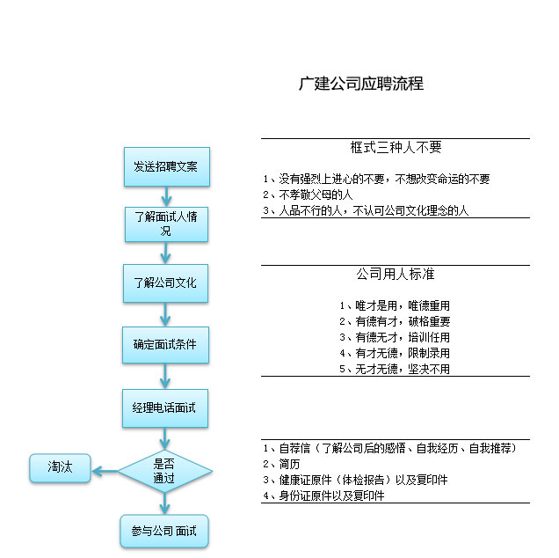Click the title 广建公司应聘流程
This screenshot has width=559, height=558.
click(360, 84)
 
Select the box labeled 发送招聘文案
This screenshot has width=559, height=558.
click(167, 166)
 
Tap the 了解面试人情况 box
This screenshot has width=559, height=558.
click(166, 224)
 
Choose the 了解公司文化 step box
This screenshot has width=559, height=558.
click(166, 283)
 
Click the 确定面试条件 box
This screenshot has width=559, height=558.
click(166, 345)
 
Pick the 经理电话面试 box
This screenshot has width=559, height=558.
click(165, 408)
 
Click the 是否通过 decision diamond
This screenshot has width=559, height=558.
click(165, 471)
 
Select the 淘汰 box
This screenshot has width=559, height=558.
click(61, 468)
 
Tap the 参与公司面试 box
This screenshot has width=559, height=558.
click(164, 532)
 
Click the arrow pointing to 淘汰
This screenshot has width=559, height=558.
click(105, 471)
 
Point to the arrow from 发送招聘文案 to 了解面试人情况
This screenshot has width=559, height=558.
click(166, 196)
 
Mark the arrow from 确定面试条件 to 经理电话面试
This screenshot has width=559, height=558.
click(165, 377)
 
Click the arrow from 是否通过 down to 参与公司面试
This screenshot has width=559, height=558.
click(164, 503)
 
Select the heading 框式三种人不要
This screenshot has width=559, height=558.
click(396, 147)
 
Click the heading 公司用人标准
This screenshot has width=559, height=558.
click(396, 274)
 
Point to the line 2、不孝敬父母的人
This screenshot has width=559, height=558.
click(308, 195)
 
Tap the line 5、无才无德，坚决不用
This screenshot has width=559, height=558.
click(395, 369)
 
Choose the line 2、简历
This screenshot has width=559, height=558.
click(281, 464)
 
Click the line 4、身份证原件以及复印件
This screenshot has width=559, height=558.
click(323, 496)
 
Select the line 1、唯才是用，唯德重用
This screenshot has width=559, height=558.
click(395, 305)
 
